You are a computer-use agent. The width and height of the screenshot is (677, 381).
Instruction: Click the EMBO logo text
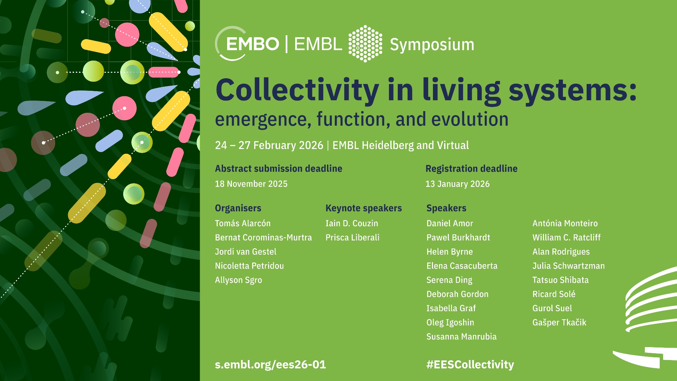click(253, 44)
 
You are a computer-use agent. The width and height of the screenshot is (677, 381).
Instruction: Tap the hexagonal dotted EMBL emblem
click(366, 44)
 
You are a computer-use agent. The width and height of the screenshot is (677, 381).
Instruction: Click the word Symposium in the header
click(432, 45)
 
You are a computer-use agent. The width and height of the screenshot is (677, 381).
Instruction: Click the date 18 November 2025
click(251, 184)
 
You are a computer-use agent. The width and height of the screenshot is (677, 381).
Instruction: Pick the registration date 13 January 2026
click(458, 184)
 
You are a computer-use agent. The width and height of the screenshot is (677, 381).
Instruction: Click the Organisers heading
click(238, 208)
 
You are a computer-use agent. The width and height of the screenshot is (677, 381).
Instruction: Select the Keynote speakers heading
click(364, 208)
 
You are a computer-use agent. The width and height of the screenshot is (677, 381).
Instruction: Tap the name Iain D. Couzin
click(352, 224)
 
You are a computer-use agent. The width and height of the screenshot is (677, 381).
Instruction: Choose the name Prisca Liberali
click(352, 238)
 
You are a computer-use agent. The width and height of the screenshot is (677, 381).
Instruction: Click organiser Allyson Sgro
click(238, 280)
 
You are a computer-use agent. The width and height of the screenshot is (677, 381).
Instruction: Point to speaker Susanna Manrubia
click(461, 337)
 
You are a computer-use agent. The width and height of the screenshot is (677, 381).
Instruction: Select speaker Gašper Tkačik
click(559, 322)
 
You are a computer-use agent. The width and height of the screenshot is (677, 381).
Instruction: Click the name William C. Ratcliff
click(567, 238)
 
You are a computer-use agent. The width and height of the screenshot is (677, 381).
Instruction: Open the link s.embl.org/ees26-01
click(270, 365)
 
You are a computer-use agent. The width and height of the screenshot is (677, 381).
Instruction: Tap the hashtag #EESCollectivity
click(470, 365)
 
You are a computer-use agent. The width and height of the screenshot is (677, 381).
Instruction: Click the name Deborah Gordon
click(457, 294)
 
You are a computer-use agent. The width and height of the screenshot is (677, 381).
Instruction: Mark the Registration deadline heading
click(472, 169)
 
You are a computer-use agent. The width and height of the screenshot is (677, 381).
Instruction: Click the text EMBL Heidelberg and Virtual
click(400, 145)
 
